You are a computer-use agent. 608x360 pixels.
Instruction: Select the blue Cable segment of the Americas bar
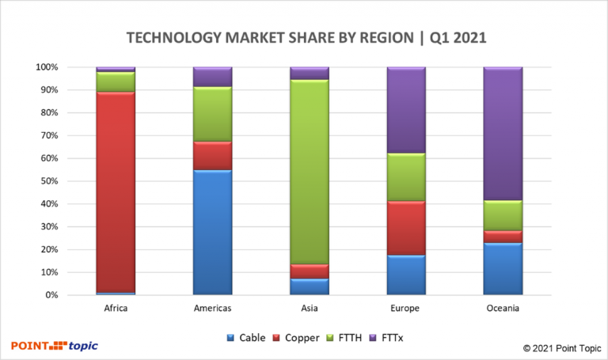[212, 233]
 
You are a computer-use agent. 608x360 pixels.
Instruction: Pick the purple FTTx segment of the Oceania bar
[503, 134]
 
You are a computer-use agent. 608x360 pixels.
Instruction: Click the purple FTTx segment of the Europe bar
[406, 110]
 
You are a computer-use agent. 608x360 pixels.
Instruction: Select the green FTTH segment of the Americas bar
[212, 114]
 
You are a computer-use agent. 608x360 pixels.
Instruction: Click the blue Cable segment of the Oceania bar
[503, 269]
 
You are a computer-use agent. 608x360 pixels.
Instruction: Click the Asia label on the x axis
[310, 309]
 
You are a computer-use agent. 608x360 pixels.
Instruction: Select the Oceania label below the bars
[503, 309]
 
